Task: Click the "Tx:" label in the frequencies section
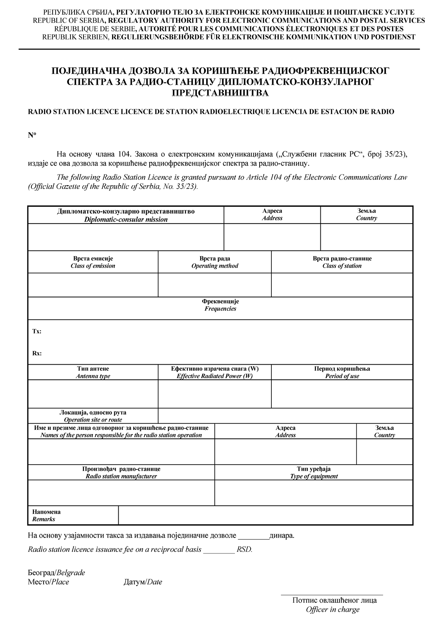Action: pyautogui.click(x=37, y=332)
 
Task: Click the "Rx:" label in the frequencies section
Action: pyautogui.click(x=37, y=353)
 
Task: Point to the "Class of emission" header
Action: pyautogui.click(x=93, y=262)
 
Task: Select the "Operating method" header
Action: pyautogui.click(x=215, y=262)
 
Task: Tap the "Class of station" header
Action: pyautogui.click(x=342, y=262)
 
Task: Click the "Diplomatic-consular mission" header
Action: pyautogui.click(x=126, y=215)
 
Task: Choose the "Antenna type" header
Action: pyautogui.click(x=93, y=372)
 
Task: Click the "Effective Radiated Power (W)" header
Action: pyautogui.click(x=215, y=372)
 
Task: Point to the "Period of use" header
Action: pyautogui.click(x=342, y=372)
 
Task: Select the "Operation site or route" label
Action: pyautogui.click(x=93, y=416)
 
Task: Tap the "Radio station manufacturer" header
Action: pyautogui.click(x=121, y=473)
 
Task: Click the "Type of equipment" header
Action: pyautogui.click(x=314, y=473)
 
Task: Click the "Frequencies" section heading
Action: pyautogui.click(x=220, y=305)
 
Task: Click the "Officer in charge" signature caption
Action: pyautogui.click(x=333, y=610)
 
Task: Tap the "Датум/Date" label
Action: pyautogui.click(x=143, y=582)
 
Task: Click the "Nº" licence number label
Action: pyautogui.click(x=32, y=135)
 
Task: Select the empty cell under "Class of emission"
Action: pyautogui.click(x=93, y=285)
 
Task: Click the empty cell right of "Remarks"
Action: pyautogui.click(x=265, y=516)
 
